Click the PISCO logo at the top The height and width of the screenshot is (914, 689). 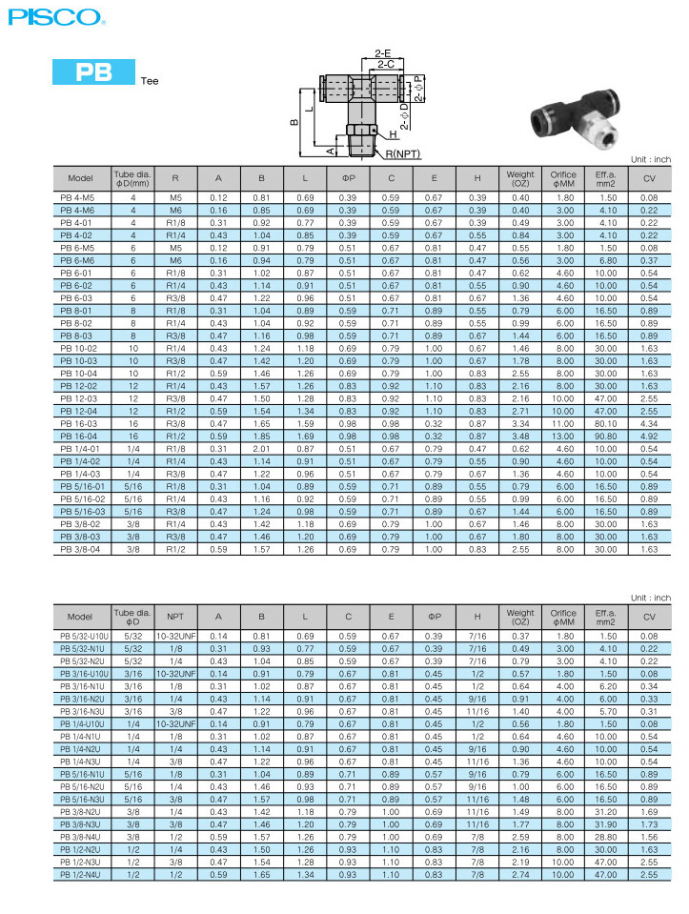[x=52, y=16]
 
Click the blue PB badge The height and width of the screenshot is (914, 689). [x=93, y=72]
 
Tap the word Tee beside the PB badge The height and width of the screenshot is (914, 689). [x=150, y=80]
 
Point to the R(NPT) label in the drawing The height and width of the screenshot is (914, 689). [x=403, y=153]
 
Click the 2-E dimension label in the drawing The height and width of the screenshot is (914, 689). [x=383, y=53]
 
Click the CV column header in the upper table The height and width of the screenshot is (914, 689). [x=649, y=178]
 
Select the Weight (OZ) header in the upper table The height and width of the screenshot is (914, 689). [x=520, y=178]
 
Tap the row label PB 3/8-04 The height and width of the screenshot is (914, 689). [x=79, y=549]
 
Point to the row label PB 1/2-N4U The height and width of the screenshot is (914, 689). [x=80, y=873]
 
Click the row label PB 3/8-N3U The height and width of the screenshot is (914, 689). [x=80, y=823]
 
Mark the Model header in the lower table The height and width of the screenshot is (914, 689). [x=80, y=617]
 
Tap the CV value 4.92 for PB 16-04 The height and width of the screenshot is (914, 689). [x=649, y=435]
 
